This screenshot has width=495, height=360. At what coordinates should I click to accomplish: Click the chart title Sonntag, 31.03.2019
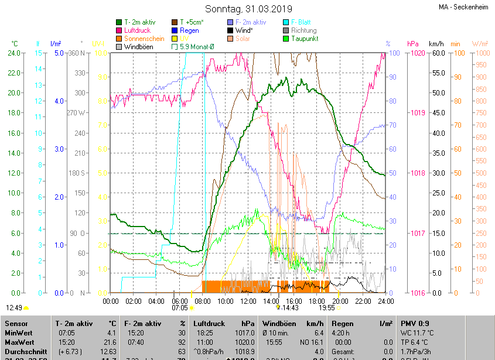(x=248, y=9)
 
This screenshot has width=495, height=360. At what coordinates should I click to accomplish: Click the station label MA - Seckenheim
(x=462, y=7)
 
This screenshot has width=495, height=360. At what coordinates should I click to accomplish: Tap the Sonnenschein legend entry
(x=144, y=39)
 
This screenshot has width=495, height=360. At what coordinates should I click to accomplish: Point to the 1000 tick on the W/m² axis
(x=480, y=53)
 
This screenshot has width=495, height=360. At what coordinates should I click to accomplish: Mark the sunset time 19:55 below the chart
(x=326, y=307)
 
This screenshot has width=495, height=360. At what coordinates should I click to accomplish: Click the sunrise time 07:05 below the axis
(x=179, y=307)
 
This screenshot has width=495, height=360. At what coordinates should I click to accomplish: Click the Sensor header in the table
(x=16, y=324)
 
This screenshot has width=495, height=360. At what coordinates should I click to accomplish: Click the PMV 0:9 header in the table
(x=415, y=324)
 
